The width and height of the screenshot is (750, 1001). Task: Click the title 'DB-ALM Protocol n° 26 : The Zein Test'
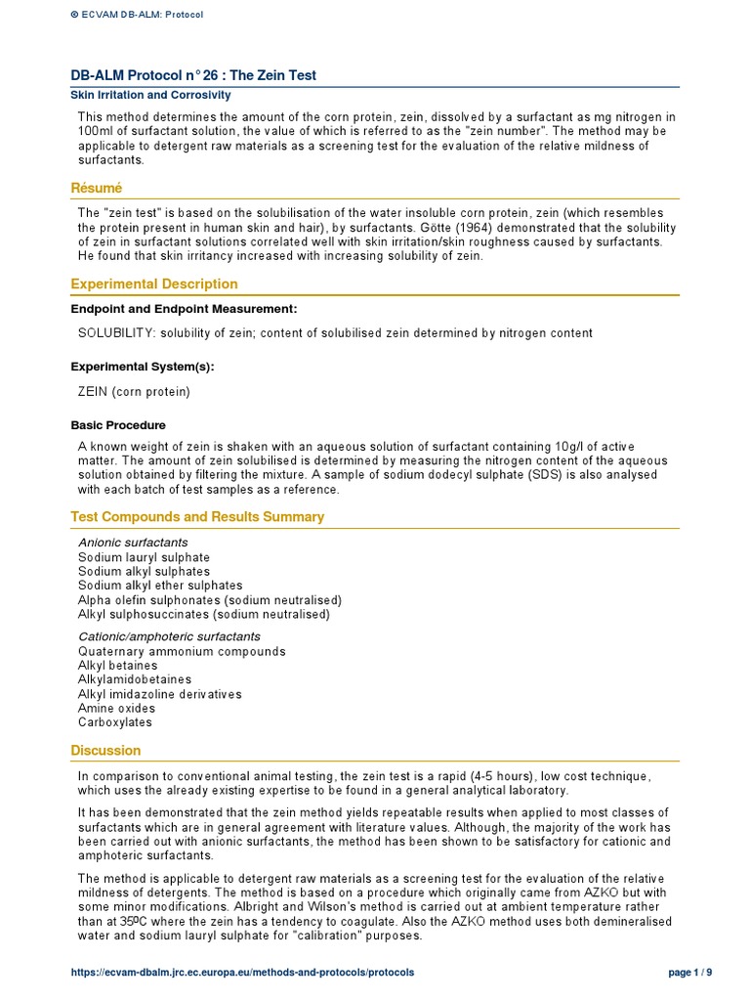pyautogui.click(x=193, y=75)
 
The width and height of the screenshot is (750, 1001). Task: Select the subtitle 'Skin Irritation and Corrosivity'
pyautogui.click(x=150, y=96)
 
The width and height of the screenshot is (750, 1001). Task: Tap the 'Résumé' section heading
pyautogui.click(x=96, y=188)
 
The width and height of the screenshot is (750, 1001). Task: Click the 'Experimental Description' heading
pyautogui.click(x=154, y=283)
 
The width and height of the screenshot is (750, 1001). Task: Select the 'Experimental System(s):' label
pyautogui.click(x=143, y=367)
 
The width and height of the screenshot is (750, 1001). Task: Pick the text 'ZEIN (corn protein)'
pyautogui.click(x=134, y=391)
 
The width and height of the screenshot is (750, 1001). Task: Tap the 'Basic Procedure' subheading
pyautogui.click(x=118, y=425)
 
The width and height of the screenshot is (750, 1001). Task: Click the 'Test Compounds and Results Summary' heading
pyautogui.click(x=197, y=516)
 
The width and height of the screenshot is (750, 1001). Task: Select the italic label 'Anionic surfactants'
pyautogui.click(x=133, y=543)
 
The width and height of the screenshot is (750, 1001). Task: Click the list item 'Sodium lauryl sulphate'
pyautogui.click(x=144, y=557)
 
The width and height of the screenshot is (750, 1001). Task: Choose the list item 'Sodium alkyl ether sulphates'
pyautogui.click(x=160, y=586)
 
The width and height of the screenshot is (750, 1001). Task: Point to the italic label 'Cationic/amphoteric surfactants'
pyautogui.click(x=169, y=636)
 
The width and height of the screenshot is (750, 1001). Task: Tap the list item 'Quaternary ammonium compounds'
pyautogui.click(x=182, y=651)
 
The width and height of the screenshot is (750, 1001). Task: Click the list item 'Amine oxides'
pyautogui.click(x=115, y=708)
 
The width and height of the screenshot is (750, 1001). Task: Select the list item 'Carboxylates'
pyautogui.click(x=115, y=722)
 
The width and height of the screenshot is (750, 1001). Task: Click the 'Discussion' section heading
pyautogui.click(x=105, y=750)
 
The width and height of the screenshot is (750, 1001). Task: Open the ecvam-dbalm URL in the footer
pyautogui.click(x=242, y=973)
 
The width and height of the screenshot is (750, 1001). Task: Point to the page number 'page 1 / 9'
pyautogui.click(x=689, y=973)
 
